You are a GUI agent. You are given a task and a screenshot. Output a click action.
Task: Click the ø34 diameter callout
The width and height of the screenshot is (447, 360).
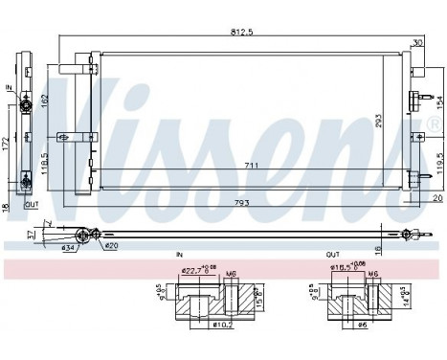(x=69, y=249)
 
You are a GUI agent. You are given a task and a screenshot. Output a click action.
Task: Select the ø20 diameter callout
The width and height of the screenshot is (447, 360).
(x=111, y=246)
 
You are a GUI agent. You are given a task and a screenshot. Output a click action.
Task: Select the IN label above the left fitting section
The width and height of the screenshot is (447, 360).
(x=179, y=256)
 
